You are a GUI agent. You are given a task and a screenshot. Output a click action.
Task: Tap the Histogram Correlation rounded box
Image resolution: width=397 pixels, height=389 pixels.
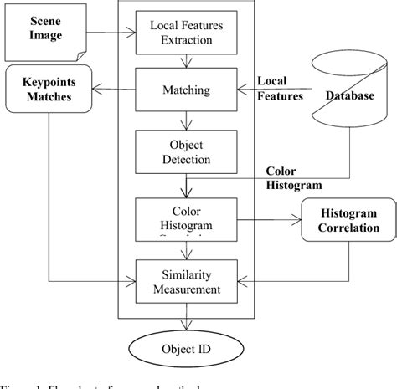click(x=346, y=220)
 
